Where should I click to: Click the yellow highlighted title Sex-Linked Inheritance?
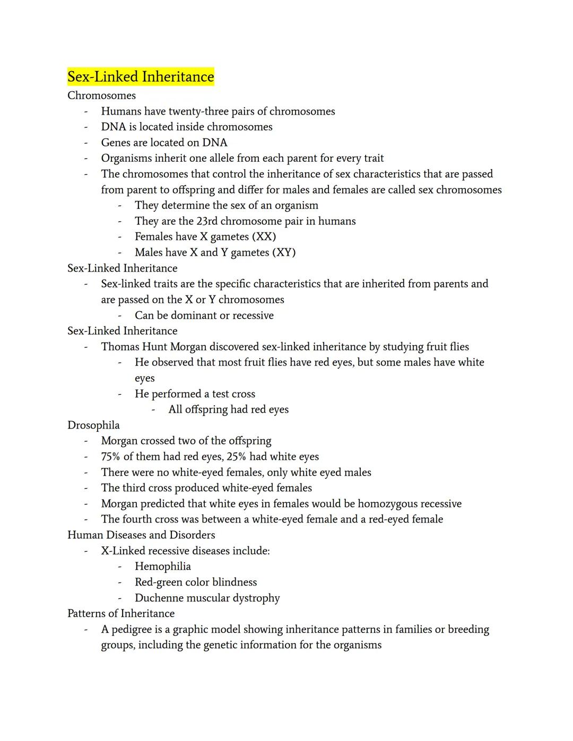141,77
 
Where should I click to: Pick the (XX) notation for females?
264,237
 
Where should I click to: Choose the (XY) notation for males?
283,252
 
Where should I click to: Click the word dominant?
192,316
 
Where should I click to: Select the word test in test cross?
221,394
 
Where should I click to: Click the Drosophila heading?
93,425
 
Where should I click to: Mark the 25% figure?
237,457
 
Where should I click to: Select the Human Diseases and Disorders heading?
141,535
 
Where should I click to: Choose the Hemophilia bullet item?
163,566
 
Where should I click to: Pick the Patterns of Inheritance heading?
121,614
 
